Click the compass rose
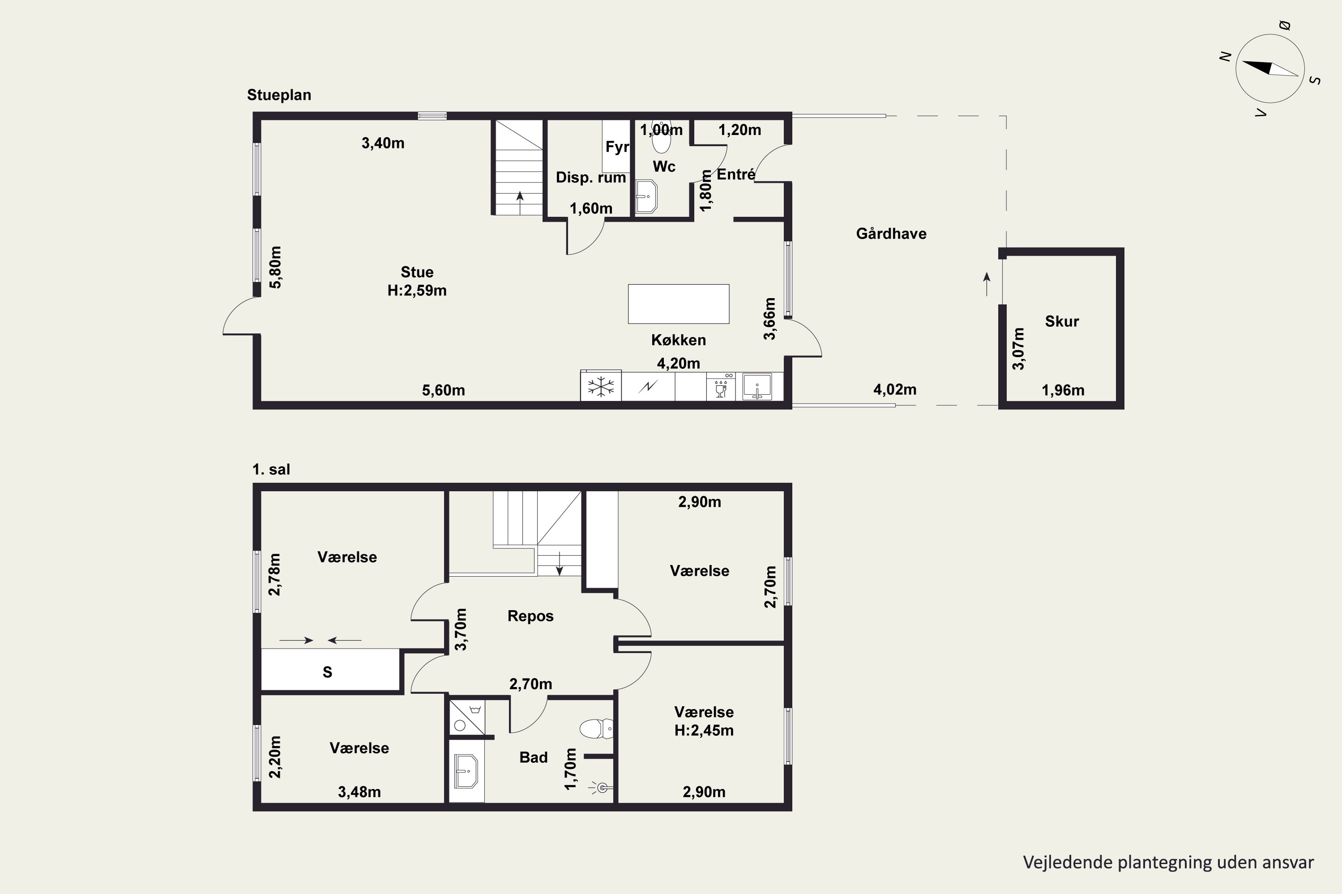[1270, 68]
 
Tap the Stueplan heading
[279, 95]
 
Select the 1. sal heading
[271, 469]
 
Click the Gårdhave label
[891, 233]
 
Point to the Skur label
[1062, 321]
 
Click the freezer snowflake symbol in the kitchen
[601, 387]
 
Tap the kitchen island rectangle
[679, 304]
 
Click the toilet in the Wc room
[661, 139]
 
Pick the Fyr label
[617, 147]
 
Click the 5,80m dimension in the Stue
[276, 267]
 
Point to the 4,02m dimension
[895, 389]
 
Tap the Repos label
[531, 616]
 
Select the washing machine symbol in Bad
[467, 717]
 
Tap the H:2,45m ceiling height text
[704, 730]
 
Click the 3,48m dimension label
[360, 792]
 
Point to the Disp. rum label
[591, 177]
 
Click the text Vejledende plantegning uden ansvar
[1168, 863]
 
